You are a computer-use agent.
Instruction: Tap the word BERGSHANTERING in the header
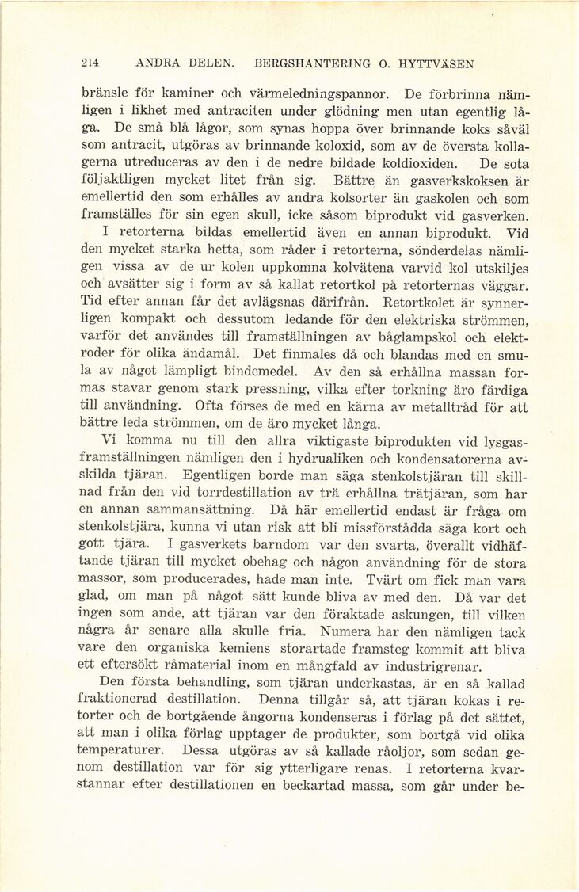click(307, 63)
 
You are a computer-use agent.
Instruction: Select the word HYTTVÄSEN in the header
click(433, 63)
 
